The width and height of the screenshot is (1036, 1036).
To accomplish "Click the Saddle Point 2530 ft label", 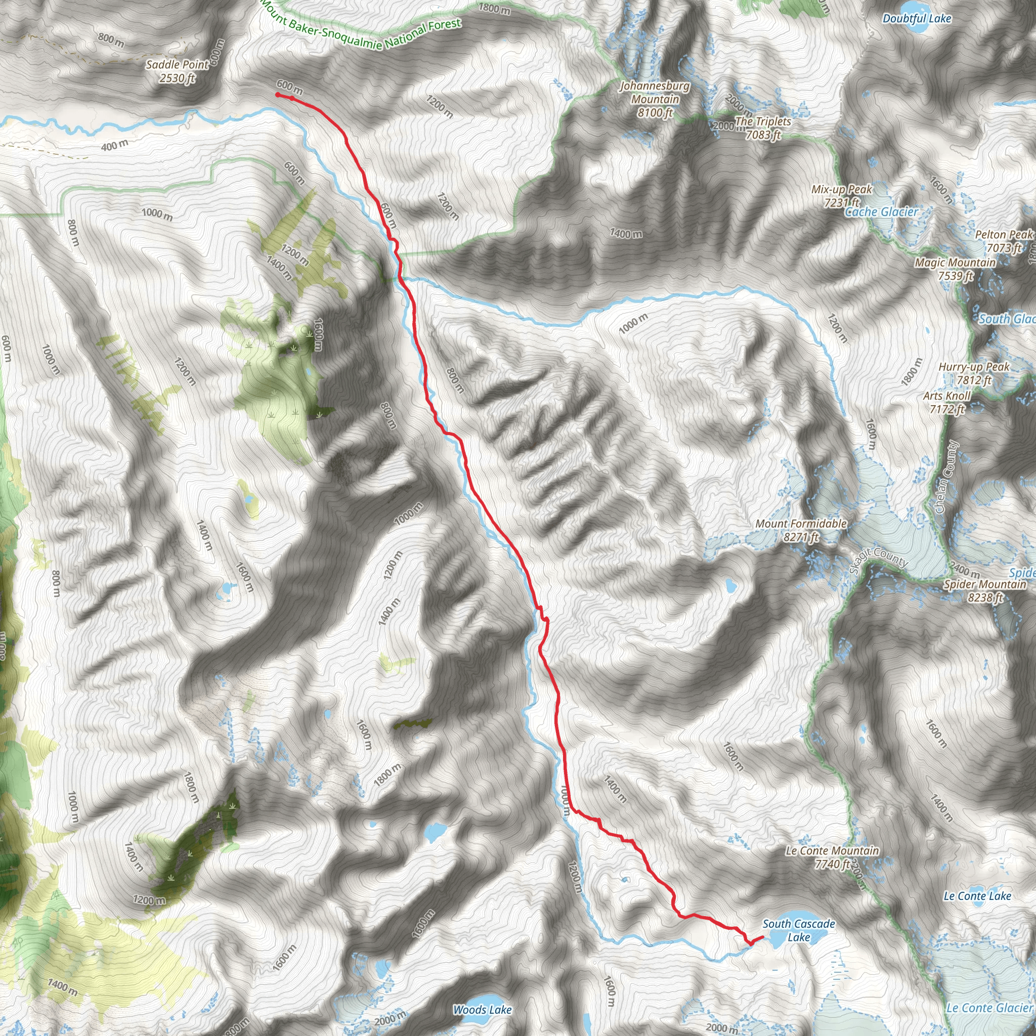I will pyautogui.click(x=178, y=71).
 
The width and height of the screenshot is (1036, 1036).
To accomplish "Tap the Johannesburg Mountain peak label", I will pyautogui.click(x=655, y=99).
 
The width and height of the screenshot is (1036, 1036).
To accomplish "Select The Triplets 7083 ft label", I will pyautogui.click(x=763, y=128).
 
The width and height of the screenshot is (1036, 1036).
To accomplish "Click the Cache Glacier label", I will pyautogui.click(x=882, y=212).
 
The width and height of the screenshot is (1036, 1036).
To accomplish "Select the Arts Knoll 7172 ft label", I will pyautogui.click(x=947, y=402).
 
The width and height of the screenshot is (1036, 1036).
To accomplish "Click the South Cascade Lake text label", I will pyautogui.click(x=798, y=930).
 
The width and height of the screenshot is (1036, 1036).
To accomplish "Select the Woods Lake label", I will pyautogui.click(x=482, y=1010).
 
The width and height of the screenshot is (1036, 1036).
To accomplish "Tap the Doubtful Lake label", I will pyautogui.click(x=917, y=19).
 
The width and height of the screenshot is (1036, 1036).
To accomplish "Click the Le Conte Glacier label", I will pyautogui.click(x=989, y=1008).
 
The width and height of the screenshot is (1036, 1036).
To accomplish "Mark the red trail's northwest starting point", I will pyautogui.click(x=278, y=95).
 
